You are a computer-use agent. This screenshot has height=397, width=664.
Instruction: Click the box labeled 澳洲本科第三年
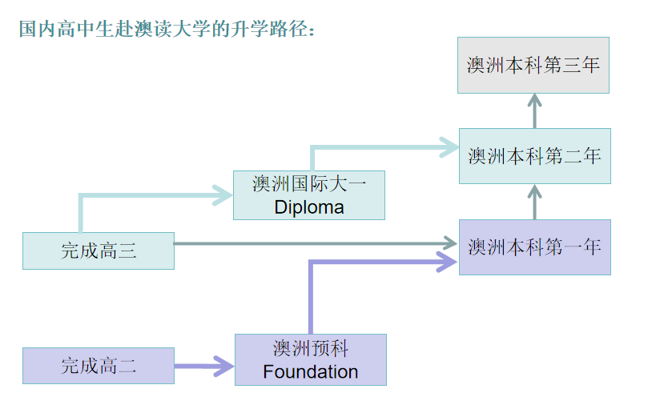point(533,65)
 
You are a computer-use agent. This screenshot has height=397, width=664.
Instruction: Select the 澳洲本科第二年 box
point(534,155)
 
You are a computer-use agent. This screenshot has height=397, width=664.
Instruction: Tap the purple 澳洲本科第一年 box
point(534,247)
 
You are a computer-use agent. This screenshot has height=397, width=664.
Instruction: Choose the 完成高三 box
point(98,251)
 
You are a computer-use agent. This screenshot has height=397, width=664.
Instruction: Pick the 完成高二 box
point(98,366)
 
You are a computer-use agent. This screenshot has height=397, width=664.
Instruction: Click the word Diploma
point(308,207)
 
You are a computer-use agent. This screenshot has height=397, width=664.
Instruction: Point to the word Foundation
point(310,371)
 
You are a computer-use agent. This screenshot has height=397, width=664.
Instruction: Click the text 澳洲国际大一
point(308,184)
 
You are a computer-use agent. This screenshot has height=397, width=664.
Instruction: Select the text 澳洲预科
point(310,348)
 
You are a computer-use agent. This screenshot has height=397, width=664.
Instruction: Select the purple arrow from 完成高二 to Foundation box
point(203,367)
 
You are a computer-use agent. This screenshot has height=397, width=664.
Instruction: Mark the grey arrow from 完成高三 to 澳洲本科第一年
point(312,243)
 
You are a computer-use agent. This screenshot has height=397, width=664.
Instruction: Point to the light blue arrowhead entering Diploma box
point(222,194)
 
